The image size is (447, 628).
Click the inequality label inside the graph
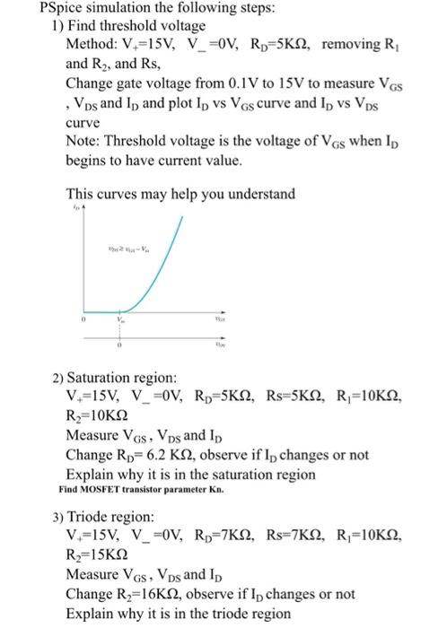point(131,249)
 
